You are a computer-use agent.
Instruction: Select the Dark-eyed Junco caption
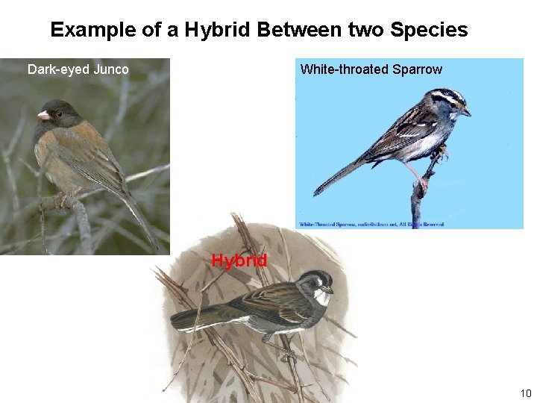[x=78, y=69]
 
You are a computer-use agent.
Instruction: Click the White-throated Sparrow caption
[x=371, y=69]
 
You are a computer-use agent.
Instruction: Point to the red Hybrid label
[x=239, y=260]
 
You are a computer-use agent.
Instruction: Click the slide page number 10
[x=525, y=393]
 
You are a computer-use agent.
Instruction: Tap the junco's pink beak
[x=43, y=115]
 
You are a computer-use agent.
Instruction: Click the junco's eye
[x=58, y=114]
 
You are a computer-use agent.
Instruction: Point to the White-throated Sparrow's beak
[x=466, y=112]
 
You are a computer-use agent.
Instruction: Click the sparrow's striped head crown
[x=446, y=96]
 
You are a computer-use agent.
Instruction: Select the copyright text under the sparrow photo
[x=371, y=223]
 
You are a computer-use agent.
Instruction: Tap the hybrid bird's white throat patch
[x=321, y=298]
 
